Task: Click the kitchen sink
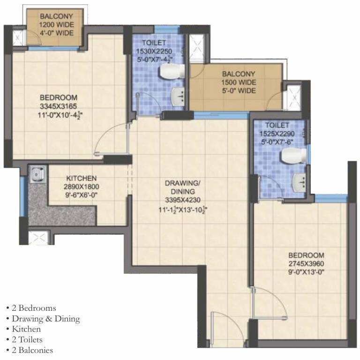click(x=38, y=174)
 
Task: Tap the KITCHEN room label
click(x=82, y=179)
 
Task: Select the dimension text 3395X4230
click(x=183, y=200)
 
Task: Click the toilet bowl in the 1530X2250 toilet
click(x=172, y=71)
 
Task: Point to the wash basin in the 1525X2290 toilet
click(x=300, y=182)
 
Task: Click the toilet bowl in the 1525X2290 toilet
click(x=294, y=155)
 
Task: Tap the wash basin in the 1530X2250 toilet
click(x=178, y=97)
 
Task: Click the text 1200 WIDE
click(x=56, y=24)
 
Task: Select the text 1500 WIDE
click(x=239, y=82)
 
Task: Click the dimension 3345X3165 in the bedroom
click(x=58, y=106)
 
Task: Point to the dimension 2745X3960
click(x=306, y=263)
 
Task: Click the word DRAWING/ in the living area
click(x=183, y=183)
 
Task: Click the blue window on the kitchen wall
click(x=22, y=196)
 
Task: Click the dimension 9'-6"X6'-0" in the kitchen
click(x=82, y=195)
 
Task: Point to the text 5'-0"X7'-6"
click(x=277, y=142)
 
